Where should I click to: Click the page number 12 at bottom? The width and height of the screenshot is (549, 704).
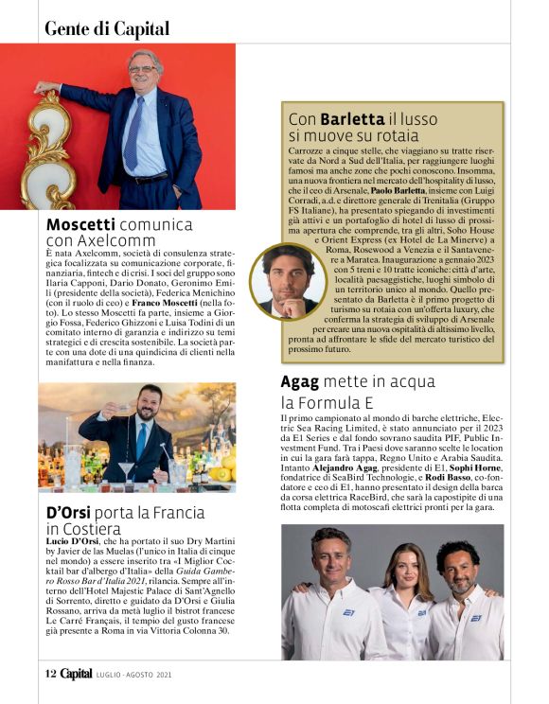pyautogui.click(x=50, y=674)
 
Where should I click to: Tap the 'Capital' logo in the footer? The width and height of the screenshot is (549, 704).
pyautogui.click(x=77, y=674)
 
